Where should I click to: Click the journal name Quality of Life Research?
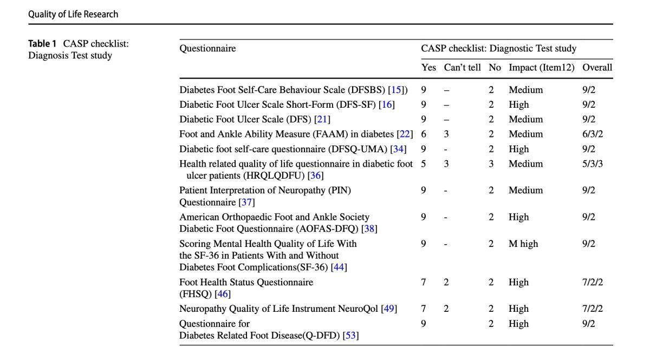(x=73, y=14)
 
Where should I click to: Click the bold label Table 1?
(x=43, y=44)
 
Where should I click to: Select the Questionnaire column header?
(x=207, y=48)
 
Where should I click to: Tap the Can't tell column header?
(x=462, y=68)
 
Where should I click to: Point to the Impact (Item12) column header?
(x=541, y=68)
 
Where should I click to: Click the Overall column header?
(x=597, y=68)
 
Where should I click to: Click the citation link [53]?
(x=351, y=336)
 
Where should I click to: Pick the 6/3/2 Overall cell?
(x=592, y=134)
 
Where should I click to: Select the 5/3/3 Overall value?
(x=592, y=163)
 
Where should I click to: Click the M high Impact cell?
(x=523, y=244)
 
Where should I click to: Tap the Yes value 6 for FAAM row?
(x=424, y=134)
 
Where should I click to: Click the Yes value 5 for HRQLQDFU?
(x=424, y=163)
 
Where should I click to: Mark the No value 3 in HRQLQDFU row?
(x=491, y=163)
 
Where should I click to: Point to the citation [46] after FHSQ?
(x=223, y=294)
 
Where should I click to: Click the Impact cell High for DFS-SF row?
(x=518, y=104)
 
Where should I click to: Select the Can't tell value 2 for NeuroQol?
(x=446, y=309)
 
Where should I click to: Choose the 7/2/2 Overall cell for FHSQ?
(x=592, y=282)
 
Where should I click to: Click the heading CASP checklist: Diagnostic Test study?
(x=498, y=48)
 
